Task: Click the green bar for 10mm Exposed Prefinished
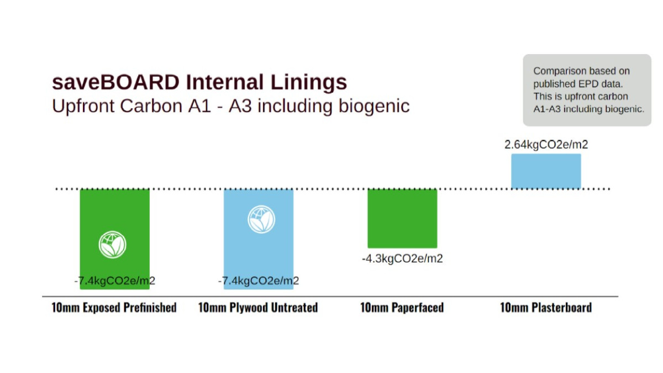point(115,239)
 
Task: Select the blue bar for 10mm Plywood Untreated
point(259,239)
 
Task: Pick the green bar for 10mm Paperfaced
point(403,219)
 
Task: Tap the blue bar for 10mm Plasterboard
point(546,171)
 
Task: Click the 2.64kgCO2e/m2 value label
point(546,145)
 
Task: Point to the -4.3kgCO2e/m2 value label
point(402,259)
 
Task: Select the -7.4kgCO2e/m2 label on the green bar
point(115,281)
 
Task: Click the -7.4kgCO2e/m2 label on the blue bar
point(259,281)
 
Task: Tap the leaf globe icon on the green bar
point(113,245)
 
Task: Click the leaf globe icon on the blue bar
point(261,220)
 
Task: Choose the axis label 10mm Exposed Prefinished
point(114,308)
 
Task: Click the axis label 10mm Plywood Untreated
point(258,308)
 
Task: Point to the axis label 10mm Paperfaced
point(402,308)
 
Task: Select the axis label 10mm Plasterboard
point(546,308)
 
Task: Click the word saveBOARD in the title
point(115,82)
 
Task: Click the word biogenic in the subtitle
point(374,106)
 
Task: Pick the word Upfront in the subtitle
point(83,106)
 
